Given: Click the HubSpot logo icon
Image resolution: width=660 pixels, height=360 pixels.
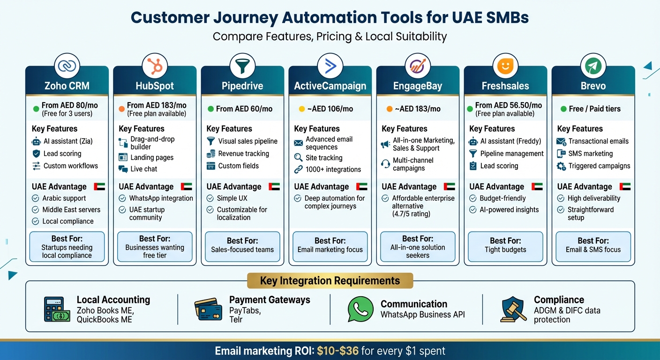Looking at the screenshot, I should point(155,67).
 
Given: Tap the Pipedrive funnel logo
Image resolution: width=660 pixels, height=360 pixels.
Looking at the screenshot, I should point(242,67).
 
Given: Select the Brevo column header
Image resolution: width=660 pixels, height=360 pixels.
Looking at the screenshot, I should point(593,86).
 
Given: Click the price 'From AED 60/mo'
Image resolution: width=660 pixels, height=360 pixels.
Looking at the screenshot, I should point(244,109).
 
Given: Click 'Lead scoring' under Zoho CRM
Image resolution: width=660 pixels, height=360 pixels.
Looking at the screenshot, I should point(62,153).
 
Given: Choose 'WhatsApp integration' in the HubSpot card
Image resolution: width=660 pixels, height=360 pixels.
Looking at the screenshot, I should point(161,198).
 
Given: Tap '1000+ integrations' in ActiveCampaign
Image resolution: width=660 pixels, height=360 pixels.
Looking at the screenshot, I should point(333,169).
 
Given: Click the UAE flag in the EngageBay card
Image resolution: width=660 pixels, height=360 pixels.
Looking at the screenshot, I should point(449,187).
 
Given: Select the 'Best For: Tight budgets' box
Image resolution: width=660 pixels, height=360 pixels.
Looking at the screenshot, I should point(505,245).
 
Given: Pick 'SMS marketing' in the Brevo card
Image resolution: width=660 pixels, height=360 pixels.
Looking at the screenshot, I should point(590,153).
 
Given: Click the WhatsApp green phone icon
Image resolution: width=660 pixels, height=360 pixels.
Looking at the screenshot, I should point(360,309).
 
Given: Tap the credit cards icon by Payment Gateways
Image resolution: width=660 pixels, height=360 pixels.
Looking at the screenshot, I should point(208,309).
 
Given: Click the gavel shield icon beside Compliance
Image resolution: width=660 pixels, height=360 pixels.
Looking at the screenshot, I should point(514,309).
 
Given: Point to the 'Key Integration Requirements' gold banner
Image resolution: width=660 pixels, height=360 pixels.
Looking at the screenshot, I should point(330,281).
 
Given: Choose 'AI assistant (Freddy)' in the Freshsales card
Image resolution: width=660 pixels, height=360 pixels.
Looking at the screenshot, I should point(510,141).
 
